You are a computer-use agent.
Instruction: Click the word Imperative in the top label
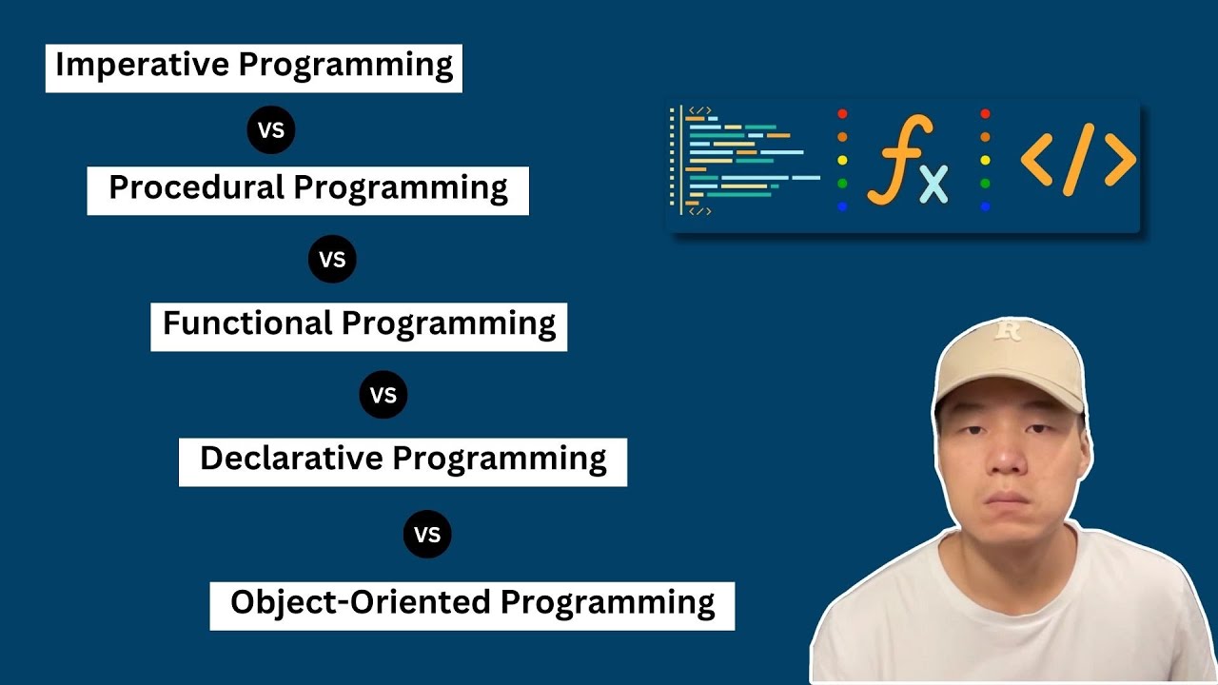click(x=143, y=66)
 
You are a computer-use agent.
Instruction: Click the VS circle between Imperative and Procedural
click(x=271, y=130)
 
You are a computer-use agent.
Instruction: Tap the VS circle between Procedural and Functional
click(x=332, y=260)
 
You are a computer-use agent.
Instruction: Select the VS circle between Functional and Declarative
click(x=383, y=395)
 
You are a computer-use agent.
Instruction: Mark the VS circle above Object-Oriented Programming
click(x=427, y=535)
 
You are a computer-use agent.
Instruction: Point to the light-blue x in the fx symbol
click(x=934, y=183)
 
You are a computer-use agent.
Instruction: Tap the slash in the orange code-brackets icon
click(x=1078, y=159)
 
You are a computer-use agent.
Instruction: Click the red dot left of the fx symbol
click(x=842, y=114)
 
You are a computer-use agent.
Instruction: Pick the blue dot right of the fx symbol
click(x=985, y=206)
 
